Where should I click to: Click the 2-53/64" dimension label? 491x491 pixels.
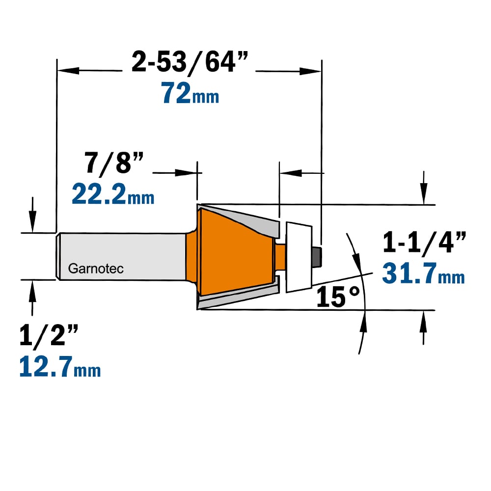point(190,62)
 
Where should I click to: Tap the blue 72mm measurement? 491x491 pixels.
point(190,93)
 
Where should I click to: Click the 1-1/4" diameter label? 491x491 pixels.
point(424,242)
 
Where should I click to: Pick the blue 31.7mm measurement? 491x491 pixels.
point(423,273)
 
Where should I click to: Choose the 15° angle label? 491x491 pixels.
point(338,297)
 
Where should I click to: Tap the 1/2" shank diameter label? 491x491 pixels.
point(49,335)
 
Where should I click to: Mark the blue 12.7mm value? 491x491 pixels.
point(60,367)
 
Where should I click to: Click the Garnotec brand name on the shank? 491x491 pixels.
point(96,269)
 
